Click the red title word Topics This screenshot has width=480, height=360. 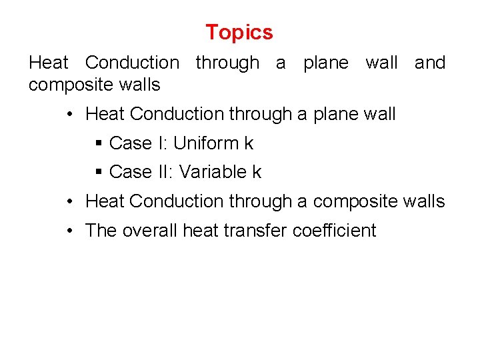[x=239, y=32]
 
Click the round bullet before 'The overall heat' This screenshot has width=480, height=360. [x=70, y=231]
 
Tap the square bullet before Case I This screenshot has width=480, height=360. [x=98, y=143]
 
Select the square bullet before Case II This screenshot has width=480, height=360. [x=98, y=173]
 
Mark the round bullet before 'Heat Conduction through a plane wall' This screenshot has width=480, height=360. [x=70, y=115]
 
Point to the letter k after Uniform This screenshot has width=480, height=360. [x=249, y=143]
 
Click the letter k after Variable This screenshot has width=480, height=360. [x=257, y=172]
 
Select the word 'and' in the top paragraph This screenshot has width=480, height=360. [x=430, y=63]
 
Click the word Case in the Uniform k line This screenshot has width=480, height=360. [x=131, y=143]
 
